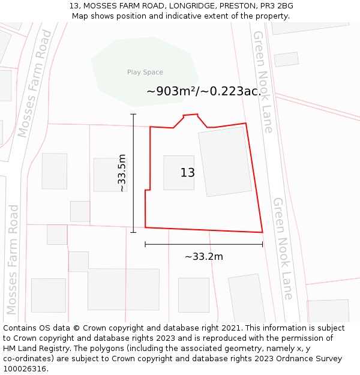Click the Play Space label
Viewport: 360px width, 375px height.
point(145,72)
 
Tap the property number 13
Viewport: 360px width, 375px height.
point(187,173)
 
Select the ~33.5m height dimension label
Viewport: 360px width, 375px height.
point(122,173)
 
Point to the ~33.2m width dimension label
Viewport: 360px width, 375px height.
point(203,257)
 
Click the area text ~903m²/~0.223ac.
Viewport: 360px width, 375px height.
point(203,92)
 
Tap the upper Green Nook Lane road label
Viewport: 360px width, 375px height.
point(263,82)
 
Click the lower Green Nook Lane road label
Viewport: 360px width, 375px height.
point(283,248)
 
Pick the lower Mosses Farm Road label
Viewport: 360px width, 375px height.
point(13,260)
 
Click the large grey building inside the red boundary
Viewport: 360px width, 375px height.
point(225,161)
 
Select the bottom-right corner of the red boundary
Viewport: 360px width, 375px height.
point(262,232)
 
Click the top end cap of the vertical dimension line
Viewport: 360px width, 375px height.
point(133,114)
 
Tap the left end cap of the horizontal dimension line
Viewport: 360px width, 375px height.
point(145,244)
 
